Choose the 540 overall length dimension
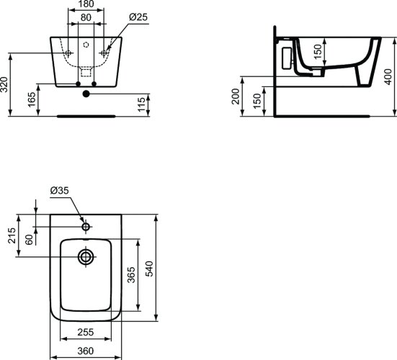tap(150, 268)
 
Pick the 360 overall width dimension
tap(86, 351)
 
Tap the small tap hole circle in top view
tap(86, 227)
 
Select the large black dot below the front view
tap(86, 93)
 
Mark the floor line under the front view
tap(86, 114)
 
